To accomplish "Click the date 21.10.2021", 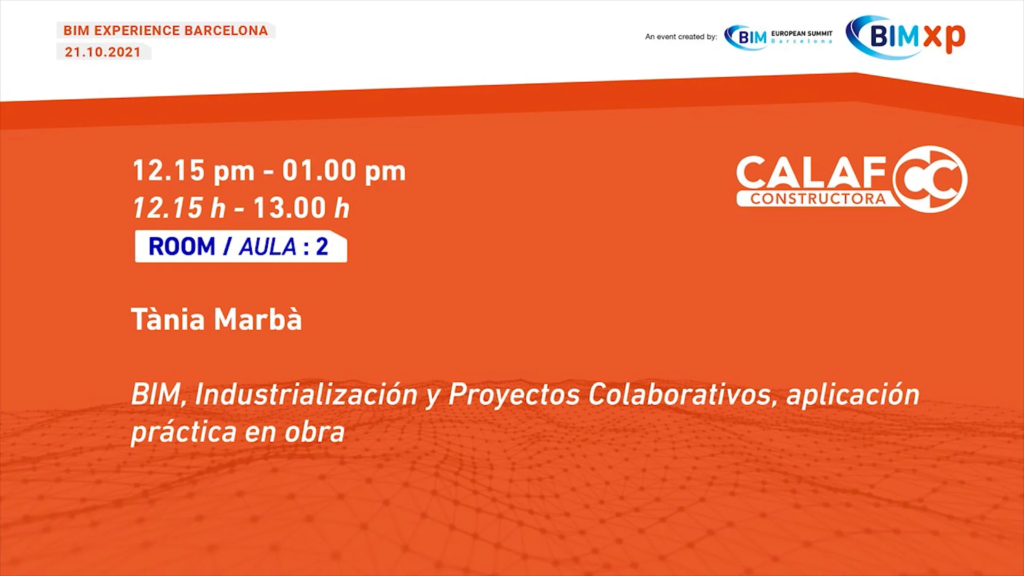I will [103, 52].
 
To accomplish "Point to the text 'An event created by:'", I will [681, 37].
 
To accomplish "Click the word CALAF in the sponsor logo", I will [811, 173].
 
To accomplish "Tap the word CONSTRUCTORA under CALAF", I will [818, 199].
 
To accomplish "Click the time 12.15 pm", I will [193, 171].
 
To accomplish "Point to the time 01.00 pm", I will [344, 171].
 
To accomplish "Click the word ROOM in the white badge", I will [181, 247].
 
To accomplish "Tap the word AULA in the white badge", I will [267, 247].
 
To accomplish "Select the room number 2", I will [322, 247].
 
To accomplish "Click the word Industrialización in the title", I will [306, 395].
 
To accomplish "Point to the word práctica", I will [183, 432].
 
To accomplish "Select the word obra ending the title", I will [315, 432].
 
